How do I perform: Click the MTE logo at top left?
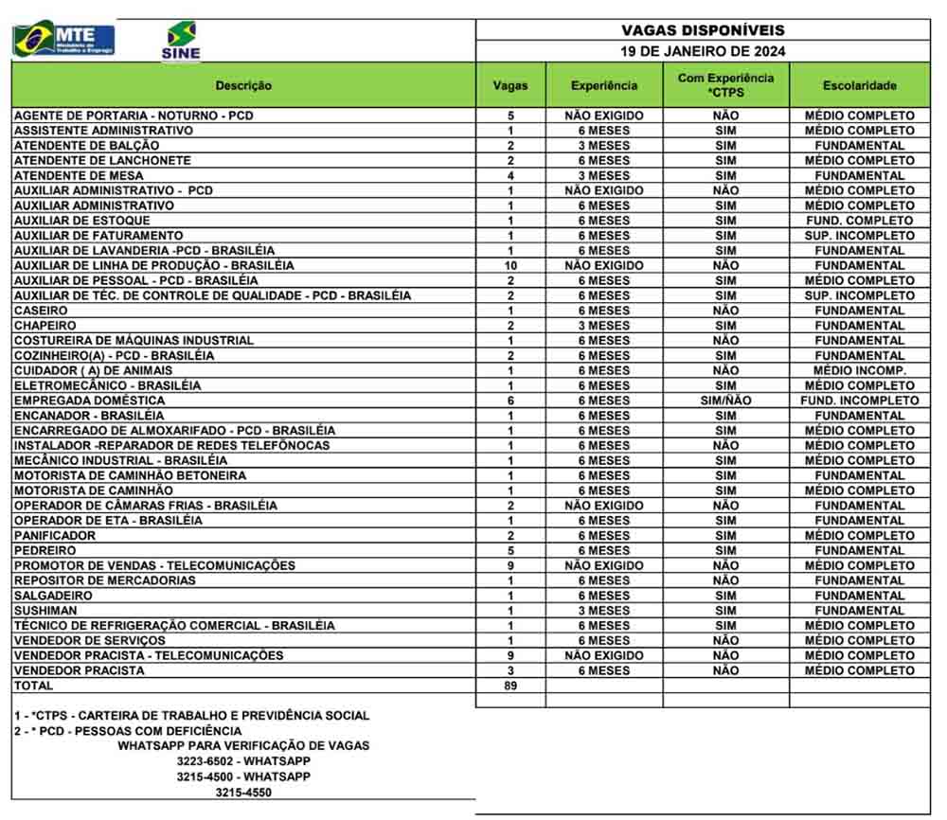tap(63, 40)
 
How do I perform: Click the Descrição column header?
tap(243, 85)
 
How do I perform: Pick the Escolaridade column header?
tap(859, 85)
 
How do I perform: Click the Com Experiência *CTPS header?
tap(725, 84)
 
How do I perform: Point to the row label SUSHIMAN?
tap(45, 611)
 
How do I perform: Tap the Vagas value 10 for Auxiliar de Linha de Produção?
tap(510, 265)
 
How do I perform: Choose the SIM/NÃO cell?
tap(725, 401)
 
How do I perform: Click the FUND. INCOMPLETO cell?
tap(859, 401)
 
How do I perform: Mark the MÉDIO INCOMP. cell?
tap(859, 370)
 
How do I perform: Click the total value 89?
tap(510, 686)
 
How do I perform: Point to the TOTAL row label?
tap(34, 686)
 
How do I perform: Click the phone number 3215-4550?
tap(243, 793)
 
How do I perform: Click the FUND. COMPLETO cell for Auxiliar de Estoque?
tap(859, 221)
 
